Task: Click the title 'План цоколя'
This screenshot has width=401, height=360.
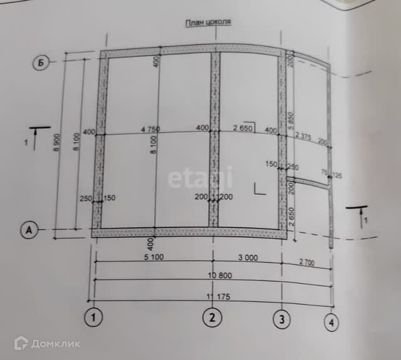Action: tap(208, 23)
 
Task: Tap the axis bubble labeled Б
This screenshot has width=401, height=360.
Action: tap(39, 63)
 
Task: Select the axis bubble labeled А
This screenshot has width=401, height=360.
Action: tap(28, 230)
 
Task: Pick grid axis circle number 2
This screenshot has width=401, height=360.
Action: tap(212, 318)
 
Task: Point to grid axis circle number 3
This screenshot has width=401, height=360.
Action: tap(282, 319)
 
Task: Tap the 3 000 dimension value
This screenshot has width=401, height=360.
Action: tap(246, 258)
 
